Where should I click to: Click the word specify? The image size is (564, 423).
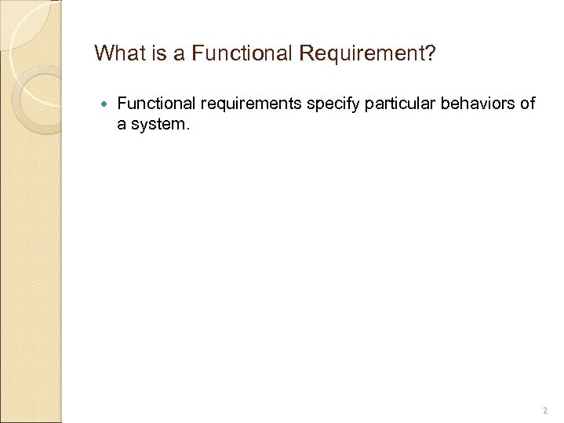click(x=327, y=103)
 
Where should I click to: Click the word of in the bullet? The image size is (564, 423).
click(x=528, y=103)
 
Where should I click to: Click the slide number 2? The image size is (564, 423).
click(x=544, y=410)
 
